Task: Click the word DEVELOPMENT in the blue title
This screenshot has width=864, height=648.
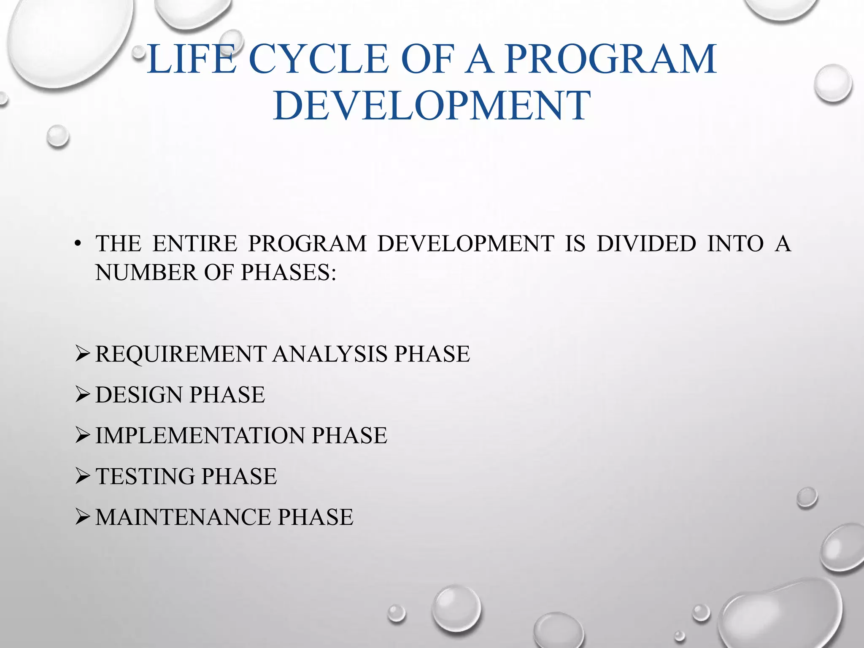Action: click(x=432, y=105)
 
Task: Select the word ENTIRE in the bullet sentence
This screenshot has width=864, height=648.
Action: click(x=195, y=244)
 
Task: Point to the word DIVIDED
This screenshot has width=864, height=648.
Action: click(x=646, y=244)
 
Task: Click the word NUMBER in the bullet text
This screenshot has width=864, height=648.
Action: click(x=146, y=273)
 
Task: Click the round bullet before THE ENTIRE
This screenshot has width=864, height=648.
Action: click(x=77, y=244)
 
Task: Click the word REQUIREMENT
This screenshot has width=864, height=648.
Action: click(x=181, y=354)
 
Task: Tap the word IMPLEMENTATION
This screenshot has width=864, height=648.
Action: click(x=200, y=436)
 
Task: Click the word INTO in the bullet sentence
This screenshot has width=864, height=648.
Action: click(x=735, y=244)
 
